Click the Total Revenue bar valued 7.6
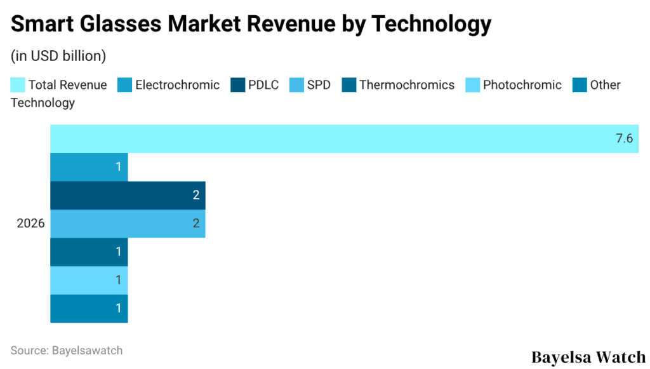343,138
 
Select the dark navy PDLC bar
127,195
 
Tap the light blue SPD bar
127,224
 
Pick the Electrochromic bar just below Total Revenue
89,167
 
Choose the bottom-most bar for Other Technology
89,309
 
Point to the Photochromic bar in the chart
89,280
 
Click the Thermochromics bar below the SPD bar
89,252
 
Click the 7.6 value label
625,138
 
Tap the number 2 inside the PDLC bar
196,195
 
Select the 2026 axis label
30,224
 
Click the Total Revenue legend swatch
18,85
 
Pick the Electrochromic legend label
177,85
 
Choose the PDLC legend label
263,85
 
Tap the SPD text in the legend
319,85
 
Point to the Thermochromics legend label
407,85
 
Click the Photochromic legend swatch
473,85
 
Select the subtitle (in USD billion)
58,56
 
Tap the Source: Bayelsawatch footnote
67,350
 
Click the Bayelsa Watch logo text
588,356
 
